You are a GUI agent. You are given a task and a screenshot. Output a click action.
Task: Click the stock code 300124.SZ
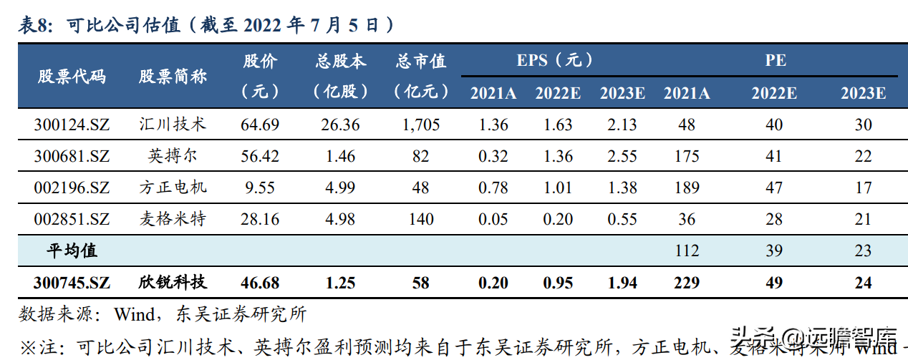tap(72, 125)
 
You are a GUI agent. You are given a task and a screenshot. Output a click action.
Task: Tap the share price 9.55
tap(259, 188)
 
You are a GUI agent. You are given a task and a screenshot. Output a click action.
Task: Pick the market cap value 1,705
tap(420, 125)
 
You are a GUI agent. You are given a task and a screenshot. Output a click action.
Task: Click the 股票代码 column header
tap(72, 76)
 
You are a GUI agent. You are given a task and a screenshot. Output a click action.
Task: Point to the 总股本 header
tap(341, 62)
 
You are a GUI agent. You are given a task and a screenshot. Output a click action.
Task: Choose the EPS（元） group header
tap(555, 60)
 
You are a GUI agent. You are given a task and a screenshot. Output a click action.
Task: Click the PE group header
tap(775, 60)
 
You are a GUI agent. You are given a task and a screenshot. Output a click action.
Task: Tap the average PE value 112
tap(687, 250)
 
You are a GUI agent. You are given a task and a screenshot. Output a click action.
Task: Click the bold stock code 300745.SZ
tap(72, 283)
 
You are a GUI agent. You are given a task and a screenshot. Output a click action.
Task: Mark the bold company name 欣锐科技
tap(172, 283)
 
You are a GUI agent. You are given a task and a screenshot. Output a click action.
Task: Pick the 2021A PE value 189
tap(687, 188)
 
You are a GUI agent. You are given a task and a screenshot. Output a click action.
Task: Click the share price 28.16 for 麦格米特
tap(259, 219)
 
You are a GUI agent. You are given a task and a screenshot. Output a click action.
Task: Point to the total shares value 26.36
tap(341, 125)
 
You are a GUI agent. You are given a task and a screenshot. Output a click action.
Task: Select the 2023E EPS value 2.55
tap(622, 156)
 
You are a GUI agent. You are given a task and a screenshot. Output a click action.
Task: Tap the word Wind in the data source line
tap(135, 314)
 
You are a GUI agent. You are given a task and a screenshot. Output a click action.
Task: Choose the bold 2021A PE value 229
tap(687, 283)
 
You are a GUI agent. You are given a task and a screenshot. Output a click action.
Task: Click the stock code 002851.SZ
tap(72, 219)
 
